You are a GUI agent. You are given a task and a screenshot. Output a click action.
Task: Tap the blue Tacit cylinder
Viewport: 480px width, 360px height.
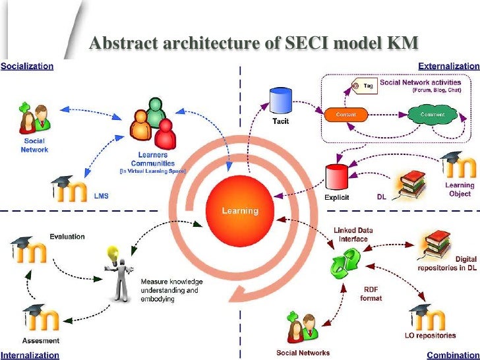coord(278,101)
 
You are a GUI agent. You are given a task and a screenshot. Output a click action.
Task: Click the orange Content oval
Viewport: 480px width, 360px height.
coord(345,115)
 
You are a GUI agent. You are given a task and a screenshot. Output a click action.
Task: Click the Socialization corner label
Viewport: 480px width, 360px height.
coord(27,66)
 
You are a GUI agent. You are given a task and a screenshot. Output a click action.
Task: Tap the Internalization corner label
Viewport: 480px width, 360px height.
coord(30,355)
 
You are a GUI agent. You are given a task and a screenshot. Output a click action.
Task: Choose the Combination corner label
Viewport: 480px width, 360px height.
coord(454,355)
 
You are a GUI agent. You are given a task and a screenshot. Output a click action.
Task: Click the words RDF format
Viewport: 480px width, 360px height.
coord(371,292)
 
